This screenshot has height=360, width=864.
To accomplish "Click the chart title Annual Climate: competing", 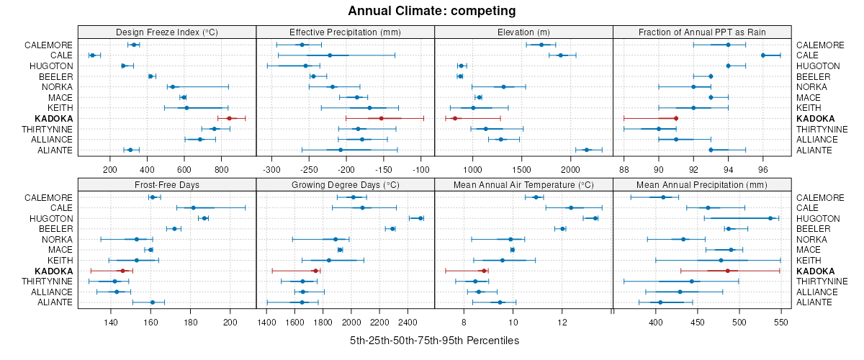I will (432, 11).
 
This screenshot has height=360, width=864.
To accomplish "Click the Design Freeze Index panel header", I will (166, 32).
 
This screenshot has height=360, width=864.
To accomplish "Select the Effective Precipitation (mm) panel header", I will (345, 32).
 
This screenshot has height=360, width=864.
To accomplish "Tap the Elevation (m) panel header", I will (523, 32).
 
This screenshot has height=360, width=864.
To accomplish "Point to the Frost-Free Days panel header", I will (166, 185).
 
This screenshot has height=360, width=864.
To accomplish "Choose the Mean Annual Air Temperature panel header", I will (523, 185).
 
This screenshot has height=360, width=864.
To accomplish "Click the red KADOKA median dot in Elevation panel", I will (455, 118).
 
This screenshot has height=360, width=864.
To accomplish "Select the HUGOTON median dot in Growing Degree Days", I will (420, 218).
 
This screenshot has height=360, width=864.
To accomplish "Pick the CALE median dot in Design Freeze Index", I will (92, 55).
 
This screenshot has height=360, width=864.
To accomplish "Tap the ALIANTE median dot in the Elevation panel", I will (586, 150).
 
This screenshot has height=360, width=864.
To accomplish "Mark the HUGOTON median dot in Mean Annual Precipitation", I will (770, 218).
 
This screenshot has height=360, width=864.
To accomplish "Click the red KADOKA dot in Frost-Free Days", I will (122, 271).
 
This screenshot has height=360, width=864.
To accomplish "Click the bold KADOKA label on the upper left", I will (53, 118).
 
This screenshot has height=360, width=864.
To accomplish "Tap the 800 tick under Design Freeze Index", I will (221, 170).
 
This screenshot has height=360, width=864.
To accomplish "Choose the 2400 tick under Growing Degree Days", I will (408, 323).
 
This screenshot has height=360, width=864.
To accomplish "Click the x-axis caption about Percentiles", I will (434, 340).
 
